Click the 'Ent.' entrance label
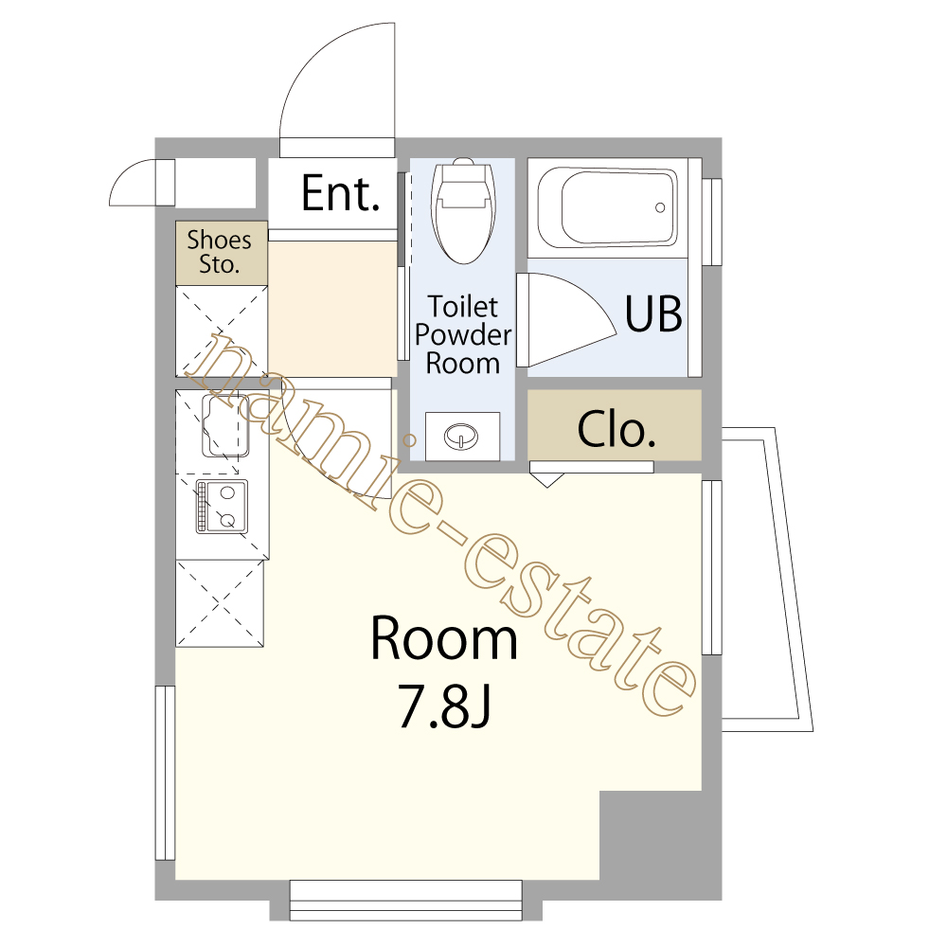(341, 193)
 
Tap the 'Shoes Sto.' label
(219, 253)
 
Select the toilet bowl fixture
(463, 210)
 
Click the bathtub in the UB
(607, 206)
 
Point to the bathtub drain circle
(660, 207)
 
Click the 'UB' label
(653, 314)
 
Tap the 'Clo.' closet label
(616, 429)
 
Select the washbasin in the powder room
(462, 436)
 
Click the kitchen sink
(225, 426)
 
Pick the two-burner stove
(222, 506)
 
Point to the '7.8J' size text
(444, 706)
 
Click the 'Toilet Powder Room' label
(463, 335)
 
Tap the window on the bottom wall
(406, 900)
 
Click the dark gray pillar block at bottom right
(660, 845)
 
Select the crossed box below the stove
(220, 602)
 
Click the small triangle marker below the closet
(547, 480)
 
